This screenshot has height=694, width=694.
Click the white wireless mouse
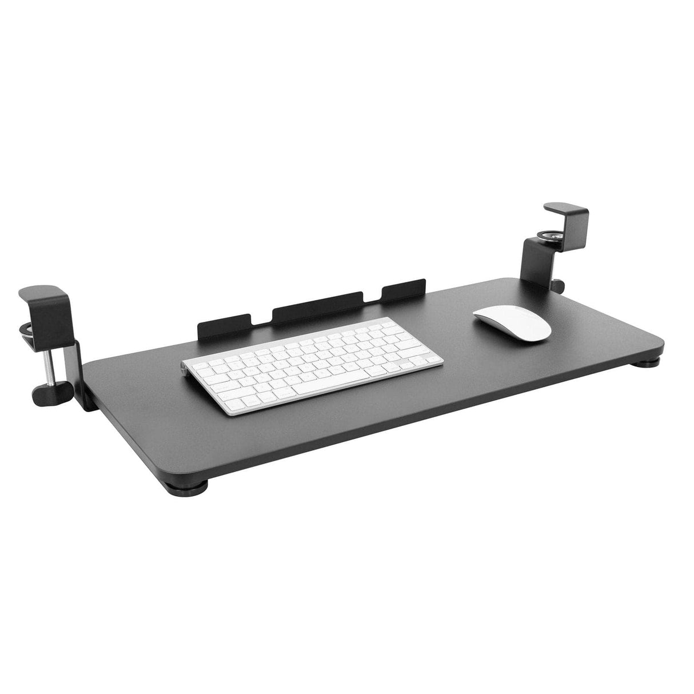point(512,322)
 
